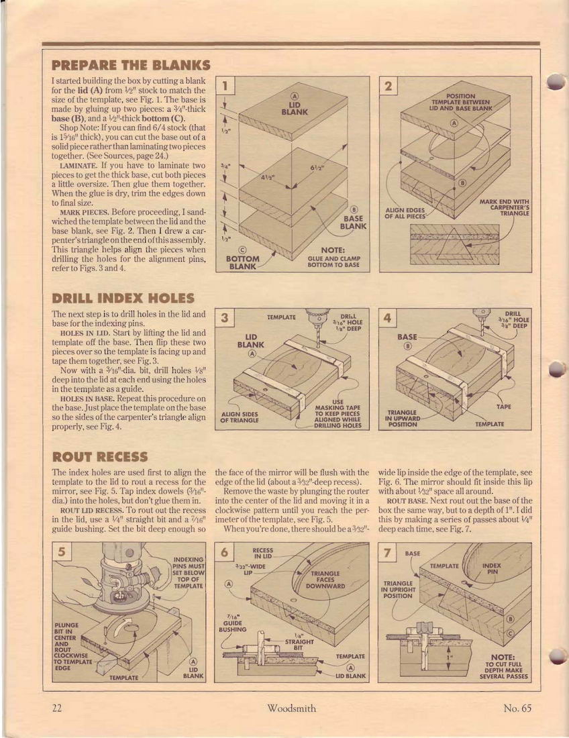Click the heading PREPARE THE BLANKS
click(x=131, y=64)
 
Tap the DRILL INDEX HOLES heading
click(x=123, y=298)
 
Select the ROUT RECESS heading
click(x=100, y=456)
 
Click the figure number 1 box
click(x=225, y=86)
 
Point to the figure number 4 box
click(x=388, y=318)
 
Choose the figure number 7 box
click(x=388, y=552)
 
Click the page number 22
click(x=57, y=708)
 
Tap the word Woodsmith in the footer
click(x=291, y=708)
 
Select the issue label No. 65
click(x=517, y=708)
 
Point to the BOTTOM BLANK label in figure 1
click(x=242, y=262)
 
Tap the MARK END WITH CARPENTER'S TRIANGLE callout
click(x=505, y=207)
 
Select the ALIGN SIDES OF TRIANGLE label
click(x=239, y=417)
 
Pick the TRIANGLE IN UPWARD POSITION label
click(x=403, y=418)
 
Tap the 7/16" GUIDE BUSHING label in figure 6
click(x=232, y=623)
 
